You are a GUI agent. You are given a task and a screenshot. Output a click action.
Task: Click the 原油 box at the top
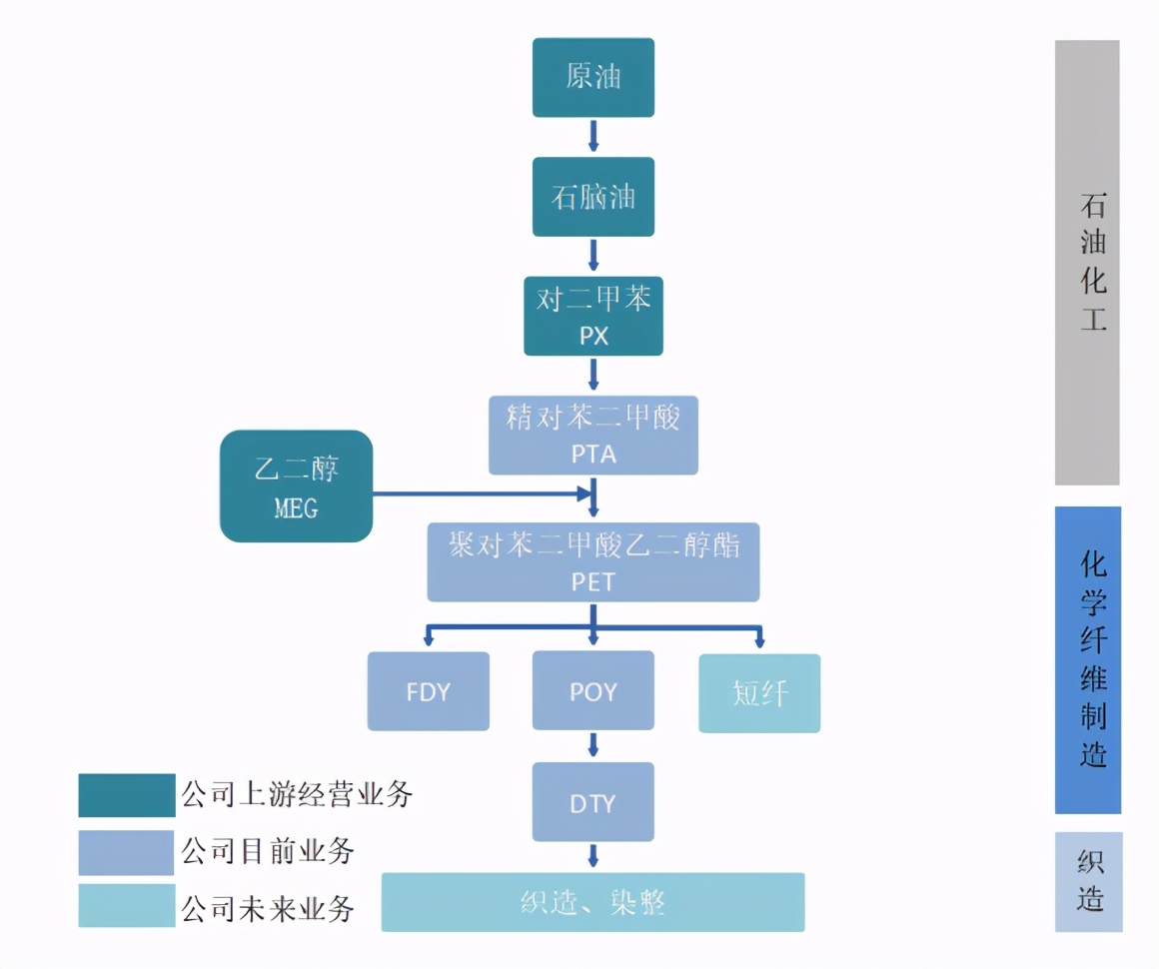tap(592, 78)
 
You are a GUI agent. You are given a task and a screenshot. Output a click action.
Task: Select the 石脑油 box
tap(592, 197)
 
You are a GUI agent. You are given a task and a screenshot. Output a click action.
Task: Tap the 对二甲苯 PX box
tap(592, 317)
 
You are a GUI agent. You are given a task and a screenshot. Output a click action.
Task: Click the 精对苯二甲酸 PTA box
tap(592, 436)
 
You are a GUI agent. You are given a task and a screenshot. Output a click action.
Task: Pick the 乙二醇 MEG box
tap(296, 486)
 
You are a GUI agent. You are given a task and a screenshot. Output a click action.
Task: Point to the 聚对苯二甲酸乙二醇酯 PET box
tap(592, 562)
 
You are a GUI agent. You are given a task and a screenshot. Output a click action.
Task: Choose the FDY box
tap(428, 691)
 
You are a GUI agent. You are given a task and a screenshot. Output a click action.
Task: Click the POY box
tap(592, 691)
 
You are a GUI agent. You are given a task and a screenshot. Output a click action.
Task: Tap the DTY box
tap(592, 802)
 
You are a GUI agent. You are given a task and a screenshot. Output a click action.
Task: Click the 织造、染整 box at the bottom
tap(592, 902)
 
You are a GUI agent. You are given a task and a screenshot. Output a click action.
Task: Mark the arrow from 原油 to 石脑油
tap(592, 136)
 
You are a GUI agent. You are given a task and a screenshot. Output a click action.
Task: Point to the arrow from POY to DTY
tap(592, 745)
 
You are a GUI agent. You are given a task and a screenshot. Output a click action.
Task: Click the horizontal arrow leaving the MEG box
tap(480, 492)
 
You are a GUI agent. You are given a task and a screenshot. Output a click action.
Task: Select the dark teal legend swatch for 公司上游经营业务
tap(126, 795)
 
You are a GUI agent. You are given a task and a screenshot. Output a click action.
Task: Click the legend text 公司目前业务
tap(268, 852)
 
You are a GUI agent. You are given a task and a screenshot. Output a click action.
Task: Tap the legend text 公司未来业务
tap(268, 908)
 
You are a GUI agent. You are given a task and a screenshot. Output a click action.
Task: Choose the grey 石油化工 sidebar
tap(1087, 262)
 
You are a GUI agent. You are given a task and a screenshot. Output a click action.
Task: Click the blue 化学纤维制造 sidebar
tap(1087, 659)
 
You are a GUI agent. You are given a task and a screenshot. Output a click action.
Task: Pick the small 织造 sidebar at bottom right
tap(1088, 881)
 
